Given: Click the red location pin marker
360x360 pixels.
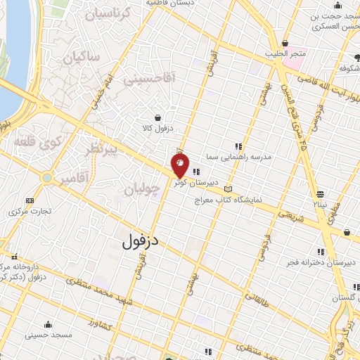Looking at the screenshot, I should (180, 166).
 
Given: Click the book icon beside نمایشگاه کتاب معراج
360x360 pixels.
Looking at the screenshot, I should (227, 188).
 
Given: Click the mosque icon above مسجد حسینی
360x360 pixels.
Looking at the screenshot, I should (48, 324).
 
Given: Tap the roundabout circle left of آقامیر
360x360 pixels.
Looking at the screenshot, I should (47, 179).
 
